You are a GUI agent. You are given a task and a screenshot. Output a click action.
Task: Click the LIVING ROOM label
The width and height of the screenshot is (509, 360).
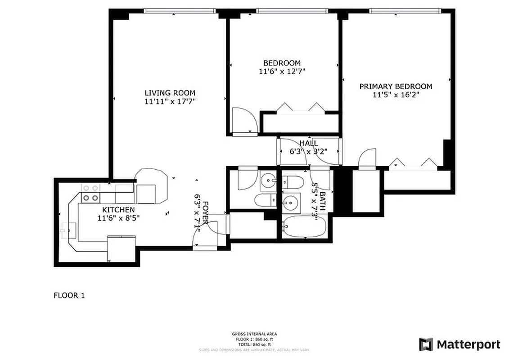(170, 93)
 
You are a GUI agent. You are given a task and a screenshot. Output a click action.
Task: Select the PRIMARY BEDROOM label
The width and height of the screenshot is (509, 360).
(396, 86)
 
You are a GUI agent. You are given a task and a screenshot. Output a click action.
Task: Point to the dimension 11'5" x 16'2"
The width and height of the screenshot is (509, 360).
(396, 94)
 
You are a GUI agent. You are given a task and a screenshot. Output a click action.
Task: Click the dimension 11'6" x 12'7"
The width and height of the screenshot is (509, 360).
(282, 71)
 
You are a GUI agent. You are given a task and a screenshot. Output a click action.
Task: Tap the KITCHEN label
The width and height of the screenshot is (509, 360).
(118, 210)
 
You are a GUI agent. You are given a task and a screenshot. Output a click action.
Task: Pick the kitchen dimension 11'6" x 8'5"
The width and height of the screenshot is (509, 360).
(118, 218)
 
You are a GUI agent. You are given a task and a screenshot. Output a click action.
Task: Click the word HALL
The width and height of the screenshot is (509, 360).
(308, 144)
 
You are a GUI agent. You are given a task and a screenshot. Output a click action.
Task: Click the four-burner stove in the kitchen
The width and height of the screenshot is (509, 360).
(90, 193)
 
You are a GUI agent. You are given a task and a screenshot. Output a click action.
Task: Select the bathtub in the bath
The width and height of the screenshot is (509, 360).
(303, 226)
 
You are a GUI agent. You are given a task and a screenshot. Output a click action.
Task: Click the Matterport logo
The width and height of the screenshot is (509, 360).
(459, 345)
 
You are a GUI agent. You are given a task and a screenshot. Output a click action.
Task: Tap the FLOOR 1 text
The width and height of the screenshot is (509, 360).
(69, 296)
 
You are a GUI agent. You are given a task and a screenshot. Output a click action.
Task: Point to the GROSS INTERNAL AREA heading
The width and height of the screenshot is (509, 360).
(254, 334)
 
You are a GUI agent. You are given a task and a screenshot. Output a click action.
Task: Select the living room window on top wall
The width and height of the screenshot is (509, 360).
(180, 11)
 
